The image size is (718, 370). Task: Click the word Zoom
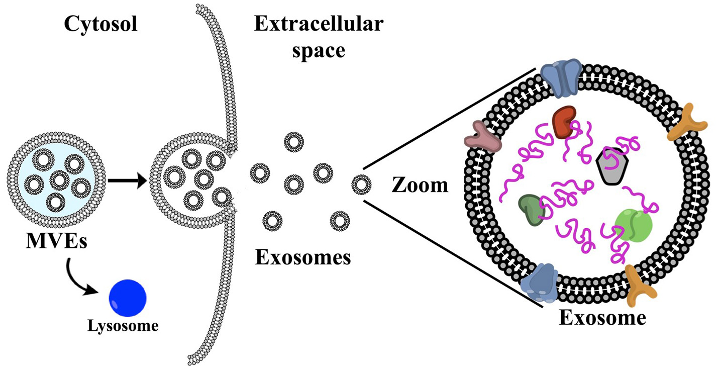(419, 186)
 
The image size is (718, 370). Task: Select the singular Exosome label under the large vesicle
(602, 318)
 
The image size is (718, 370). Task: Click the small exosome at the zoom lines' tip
(361, 185)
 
